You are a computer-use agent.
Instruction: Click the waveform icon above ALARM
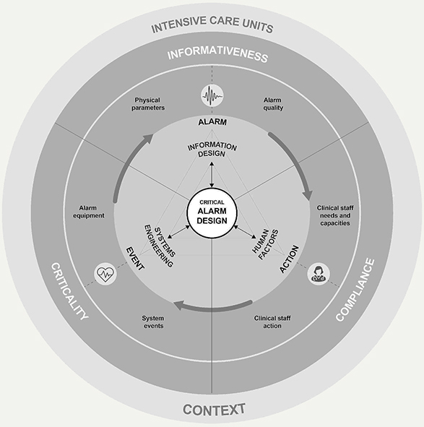click(x=212, y=96)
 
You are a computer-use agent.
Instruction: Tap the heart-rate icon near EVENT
click(x=105, y=274)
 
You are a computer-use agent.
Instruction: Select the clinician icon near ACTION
click(x=319, y=274)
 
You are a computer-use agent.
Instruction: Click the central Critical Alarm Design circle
click(x=212, y=212)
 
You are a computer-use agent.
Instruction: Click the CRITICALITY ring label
click(x=70, y=291)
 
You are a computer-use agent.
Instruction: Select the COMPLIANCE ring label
click(x=355, y=290)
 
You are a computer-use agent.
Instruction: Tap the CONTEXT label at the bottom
click(x=214, y=410)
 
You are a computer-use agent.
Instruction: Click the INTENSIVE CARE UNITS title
click(x=212, y=25)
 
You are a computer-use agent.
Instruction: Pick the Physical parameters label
click(x=148, y=104)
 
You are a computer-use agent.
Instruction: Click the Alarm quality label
click(x=273, y=104)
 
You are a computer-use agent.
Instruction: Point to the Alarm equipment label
click(x=89, y=212)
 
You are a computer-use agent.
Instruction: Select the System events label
click(x=153, y=322)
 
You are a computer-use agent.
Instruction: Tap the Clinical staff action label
click(x=272, y=322)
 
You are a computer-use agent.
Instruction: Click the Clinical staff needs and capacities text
click(x=335, y=215)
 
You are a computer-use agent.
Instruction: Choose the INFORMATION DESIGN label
click(x=212, y=150)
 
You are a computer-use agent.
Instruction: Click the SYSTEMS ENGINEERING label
click(x=160, y=245)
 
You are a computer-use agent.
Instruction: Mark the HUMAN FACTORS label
click(x=265, y=244)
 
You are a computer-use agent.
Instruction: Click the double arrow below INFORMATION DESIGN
click(x=212, y=175)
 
